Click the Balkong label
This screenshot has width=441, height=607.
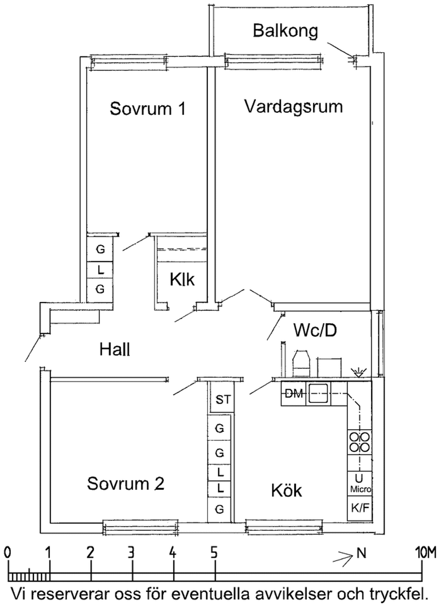click(285, 31)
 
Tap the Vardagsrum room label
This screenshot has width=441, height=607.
click(293, 107)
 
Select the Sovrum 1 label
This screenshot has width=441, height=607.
click(148, 109)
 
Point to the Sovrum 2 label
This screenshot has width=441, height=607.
click(126, 484)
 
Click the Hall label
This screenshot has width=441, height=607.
click(115, 349)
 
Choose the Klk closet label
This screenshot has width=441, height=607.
click(182, 280)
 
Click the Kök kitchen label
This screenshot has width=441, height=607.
click(286, 490)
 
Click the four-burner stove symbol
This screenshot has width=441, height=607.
click(360, 442)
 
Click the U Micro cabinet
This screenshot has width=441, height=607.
click(360, 483)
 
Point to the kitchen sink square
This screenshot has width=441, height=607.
click(319, 394)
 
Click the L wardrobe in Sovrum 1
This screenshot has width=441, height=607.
click(100, 269)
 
